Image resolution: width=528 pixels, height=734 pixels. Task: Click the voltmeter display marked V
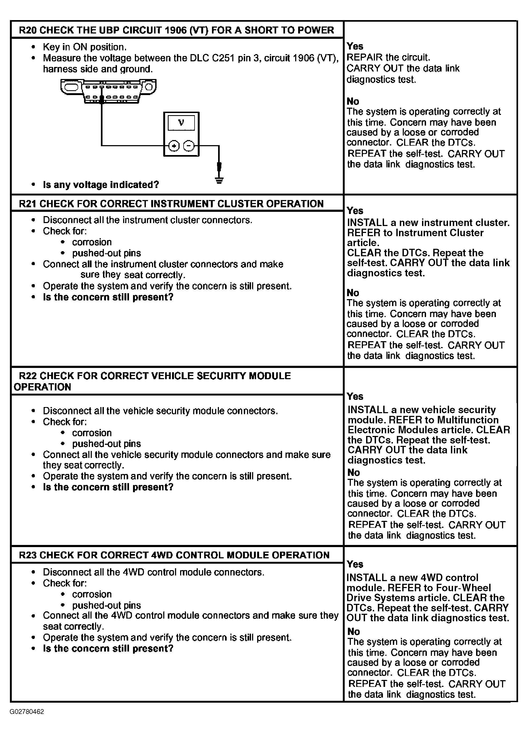click(181, 123)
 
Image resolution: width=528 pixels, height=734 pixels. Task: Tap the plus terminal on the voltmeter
click(174, 146)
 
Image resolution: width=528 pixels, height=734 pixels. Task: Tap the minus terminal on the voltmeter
click(189, 146)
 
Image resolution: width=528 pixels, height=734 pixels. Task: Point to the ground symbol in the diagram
click(219, 180)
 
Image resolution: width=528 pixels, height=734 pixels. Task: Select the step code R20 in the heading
click(28, 30)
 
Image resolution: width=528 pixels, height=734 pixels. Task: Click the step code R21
click(28, 204)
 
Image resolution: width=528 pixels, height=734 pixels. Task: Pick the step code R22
click(28, 376)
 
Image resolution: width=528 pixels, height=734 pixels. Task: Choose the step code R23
click(28, 555)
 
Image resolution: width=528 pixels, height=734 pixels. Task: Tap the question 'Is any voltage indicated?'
click(101, 185)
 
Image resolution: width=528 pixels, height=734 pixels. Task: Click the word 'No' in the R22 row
click(354, 472)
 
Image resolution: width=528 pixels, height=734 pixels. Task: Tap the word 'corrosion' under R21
click(92, 242)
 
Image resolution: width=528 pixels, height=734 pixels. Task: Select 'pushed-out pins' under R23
click(106, 605)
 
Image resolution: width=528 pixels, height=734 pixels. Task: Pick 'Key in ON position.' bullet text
click(85, 47)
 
